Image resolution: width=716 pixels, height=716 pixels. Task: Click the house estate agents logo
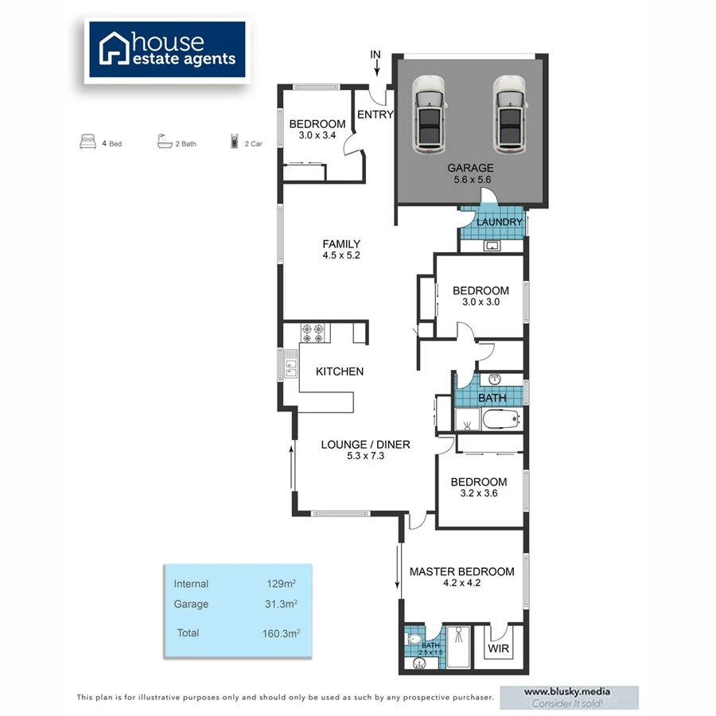pyautogui.click(x=167, y=49)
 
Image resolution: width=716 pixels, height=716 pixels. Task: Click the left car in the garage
pyautogui.click(x=430, y=113)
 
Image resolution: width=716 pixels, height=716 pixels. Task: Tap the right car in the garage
pyautogui.click(x=510, y=113)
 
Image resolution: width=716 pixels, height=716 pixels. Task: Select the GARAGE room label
pyautogui.click(x=470, y=168)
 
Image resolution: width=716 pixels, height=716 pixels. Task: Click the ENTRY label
pyautogui.click(x=376, y=115)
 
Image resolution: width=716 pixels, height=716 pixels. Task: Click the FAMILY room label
pyautogui.click(x=341, y=244)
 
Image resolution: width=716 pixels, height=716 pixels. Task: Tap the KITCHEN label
pyautogui.click(x=340, y=372)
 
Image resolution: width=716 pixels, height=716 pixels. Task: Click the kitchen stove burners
pyautogui.click(x=313, y=333)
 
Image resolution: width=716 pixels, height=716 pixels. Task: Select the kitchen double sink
pyautogui.click(x=290, y=368)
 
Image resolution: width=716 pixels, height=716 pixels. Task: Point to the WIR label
pyautogui.click(x=499, y=648)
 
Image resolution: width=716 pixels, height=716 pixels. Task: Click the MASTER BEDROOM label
pyautogui.click(x=461, y=571)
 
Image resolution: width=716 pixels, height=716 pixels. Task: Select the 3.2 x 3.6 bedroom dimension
pyautogui.click(x=478, y=493)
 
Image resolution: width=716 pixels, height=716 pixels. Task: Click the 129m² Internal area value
pyautogui.click(x=282, y=584)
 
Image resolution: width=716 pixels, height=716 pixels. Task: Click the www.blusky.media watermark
pyautogui.click(x=568, y=692)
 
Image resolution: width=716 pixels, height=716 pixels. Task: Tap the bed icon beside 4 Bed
pyautogui.click(x=88, y=143)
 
